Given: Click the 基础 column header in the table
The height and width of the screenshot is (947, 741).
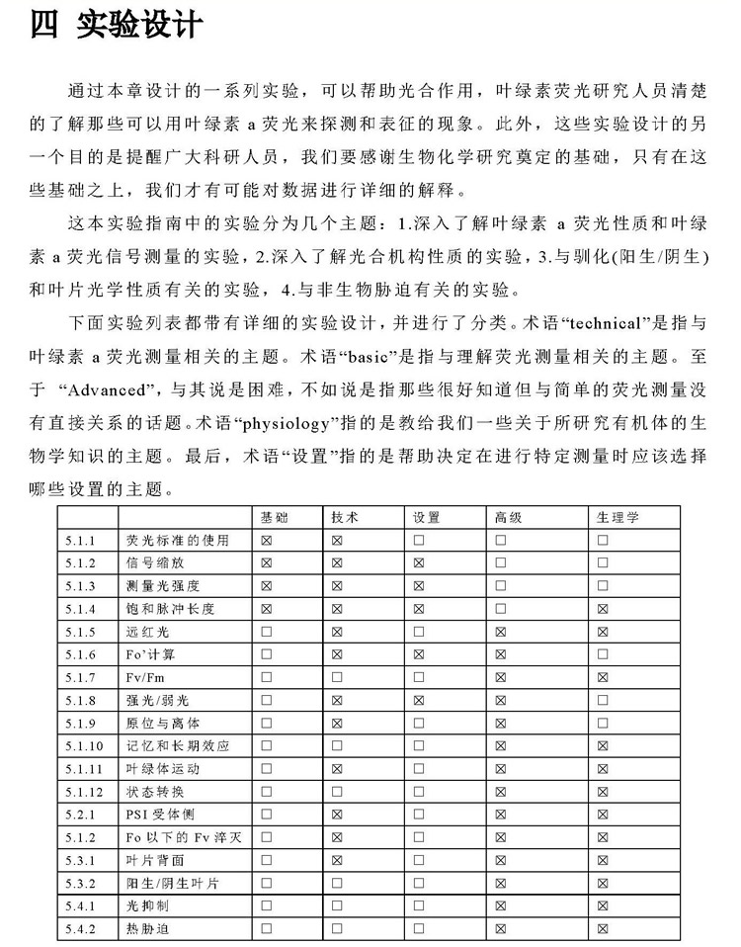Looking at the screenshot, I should point(274,517).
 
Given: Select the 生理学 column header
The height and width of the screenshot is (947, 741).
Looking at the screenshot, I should point(618,517).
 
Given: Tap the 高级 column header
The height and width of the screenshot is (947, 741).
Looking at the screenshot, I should point(508,517).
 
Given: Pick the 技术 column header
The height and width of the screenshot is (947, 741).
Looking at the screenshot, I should point(345,517).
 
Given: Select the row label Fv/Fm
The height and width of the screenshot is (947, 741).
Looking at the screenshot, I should point(145,677).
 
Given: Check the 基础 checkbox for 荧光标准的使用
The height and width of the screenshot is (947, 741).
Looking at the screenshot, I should point(266,541).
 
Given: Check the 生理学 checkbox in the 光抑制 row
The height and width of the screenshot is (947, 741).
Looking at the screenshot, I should point(603,905).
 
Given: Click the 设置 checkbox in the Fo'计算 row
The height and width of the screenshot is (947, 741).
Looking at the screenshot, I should point(419,654).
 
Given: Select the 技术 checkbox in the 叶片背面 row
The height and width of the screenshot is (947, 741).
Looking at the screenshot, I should point(337,860).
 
